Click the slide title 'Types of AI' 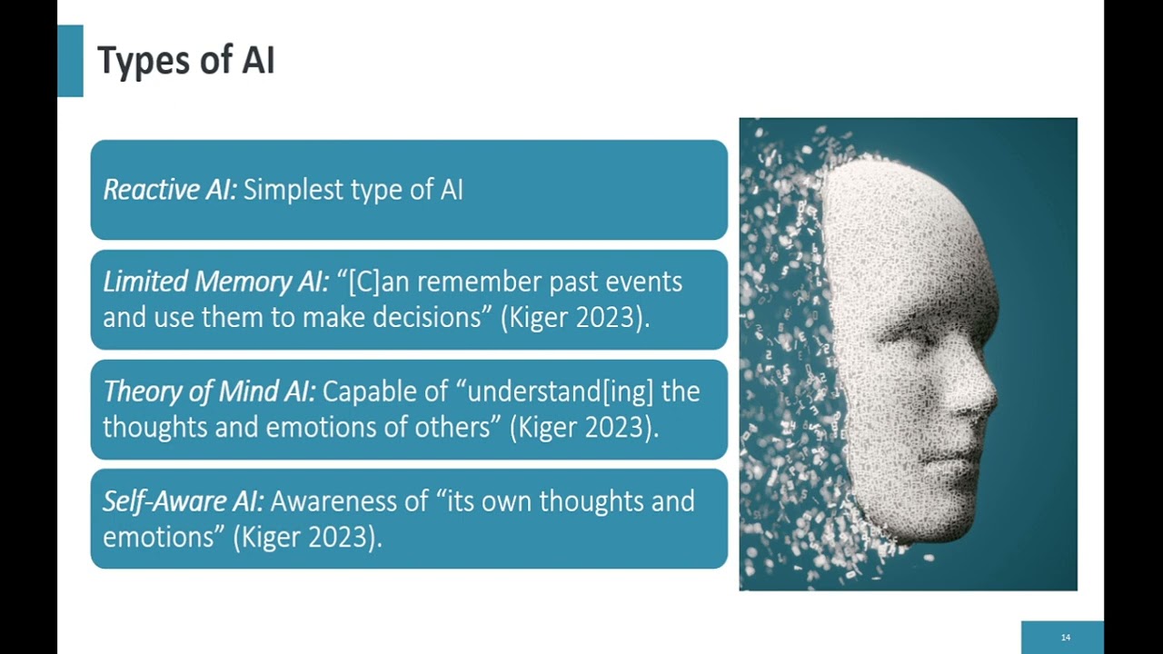click(x=186, y=61)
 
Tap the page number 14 click(x=1066, y=637)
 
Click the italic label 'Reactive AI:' click(x=170, y=190)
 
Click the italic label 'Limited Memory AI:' click(x=216, y=282)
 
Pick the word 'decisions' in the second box click(x=427, y=317)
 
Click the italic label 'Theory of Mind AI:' click(x=209, y=391)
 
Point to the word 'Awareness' click(x=349, y=501)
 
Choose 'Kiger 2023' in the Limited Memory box click(x=572, y=318)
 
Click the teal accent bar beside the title click(x=70, y=61)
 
